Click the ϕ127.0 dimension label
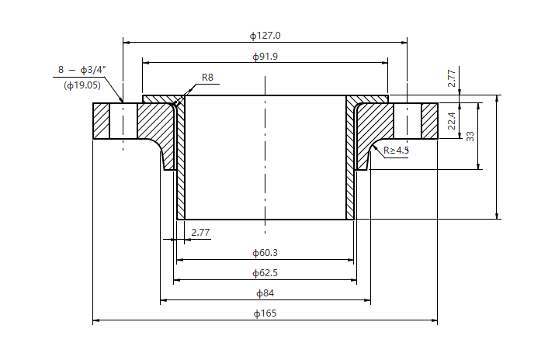(x=265, y=36)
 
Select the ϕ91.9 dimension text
(x=265, y=57)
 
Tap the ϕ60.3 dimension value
(x=265, y=253)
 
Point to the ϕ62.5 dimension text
(x=265, y=273)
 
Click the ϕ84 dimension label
(x=265, y=293)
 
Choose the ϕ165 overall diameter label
(x=265, y=313)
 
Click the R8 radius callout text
(x=207, y=77)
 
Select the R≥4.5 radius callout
(x=396, y=150)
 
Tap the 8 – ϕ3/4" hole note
(x=82, y=70)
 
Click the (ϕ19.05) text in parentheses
(x=82, y=85)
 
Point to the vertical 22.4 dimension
(x=453, y=121)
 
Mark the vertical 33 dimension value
(x=470, y=135)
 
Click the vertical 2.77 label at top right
(x=452, y=78)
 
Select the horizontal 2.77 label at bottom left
(x=200, y=232)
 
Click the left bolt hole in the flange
(x=123, y=121)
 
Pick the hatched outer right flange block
(x=429, y=121)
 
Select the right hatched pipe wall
(x=350, y=178)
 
